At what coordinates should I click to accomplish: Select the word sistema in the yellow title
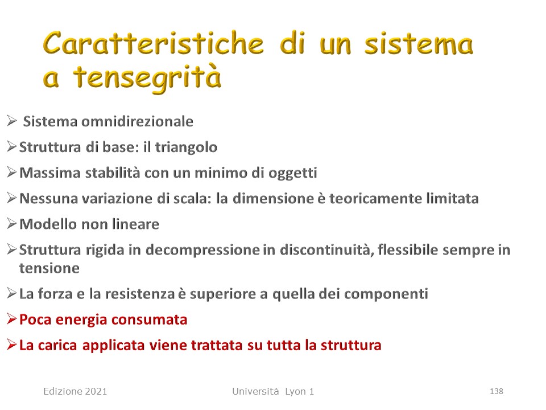pyautogui.click(x=419, y=44)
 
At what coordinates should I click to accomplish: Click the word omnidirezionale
pyautogui.click(x=137, y=121)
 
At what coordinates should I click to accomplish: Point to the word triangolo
pyautogui.click(x=186, y=147)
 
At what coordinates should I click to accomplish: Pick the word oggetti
pyautogui.click(x=292, y=173)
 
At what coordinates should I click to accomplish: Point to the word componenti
pyautogui.click(x=386, y=294)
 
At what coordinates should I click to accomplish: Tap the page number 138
pyautogui.click(x=496, y=392)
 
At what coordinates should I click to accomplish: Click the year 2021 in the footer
pyautogui.click(x=95, y=392)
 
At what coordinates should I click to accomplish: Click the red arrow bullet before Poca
pyautogui.click(x=12, y=319)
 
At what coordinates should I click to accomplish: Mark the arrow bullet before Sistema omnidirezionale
pyautogui.click(x=12, y=121)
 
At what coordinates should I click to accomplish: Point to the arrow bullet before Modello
pyautogui.click(x=12, y=223)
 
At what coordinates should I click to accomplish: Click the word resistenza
pyautogui.click(x=140, y=294)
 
